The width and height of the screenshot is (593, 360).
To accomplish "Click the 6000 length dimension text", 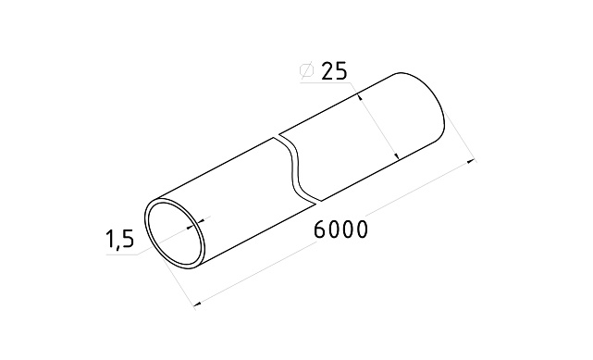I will (340, 230).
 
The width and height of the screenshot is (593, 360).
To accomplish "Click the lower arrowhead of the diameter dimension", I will (396, 158).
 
